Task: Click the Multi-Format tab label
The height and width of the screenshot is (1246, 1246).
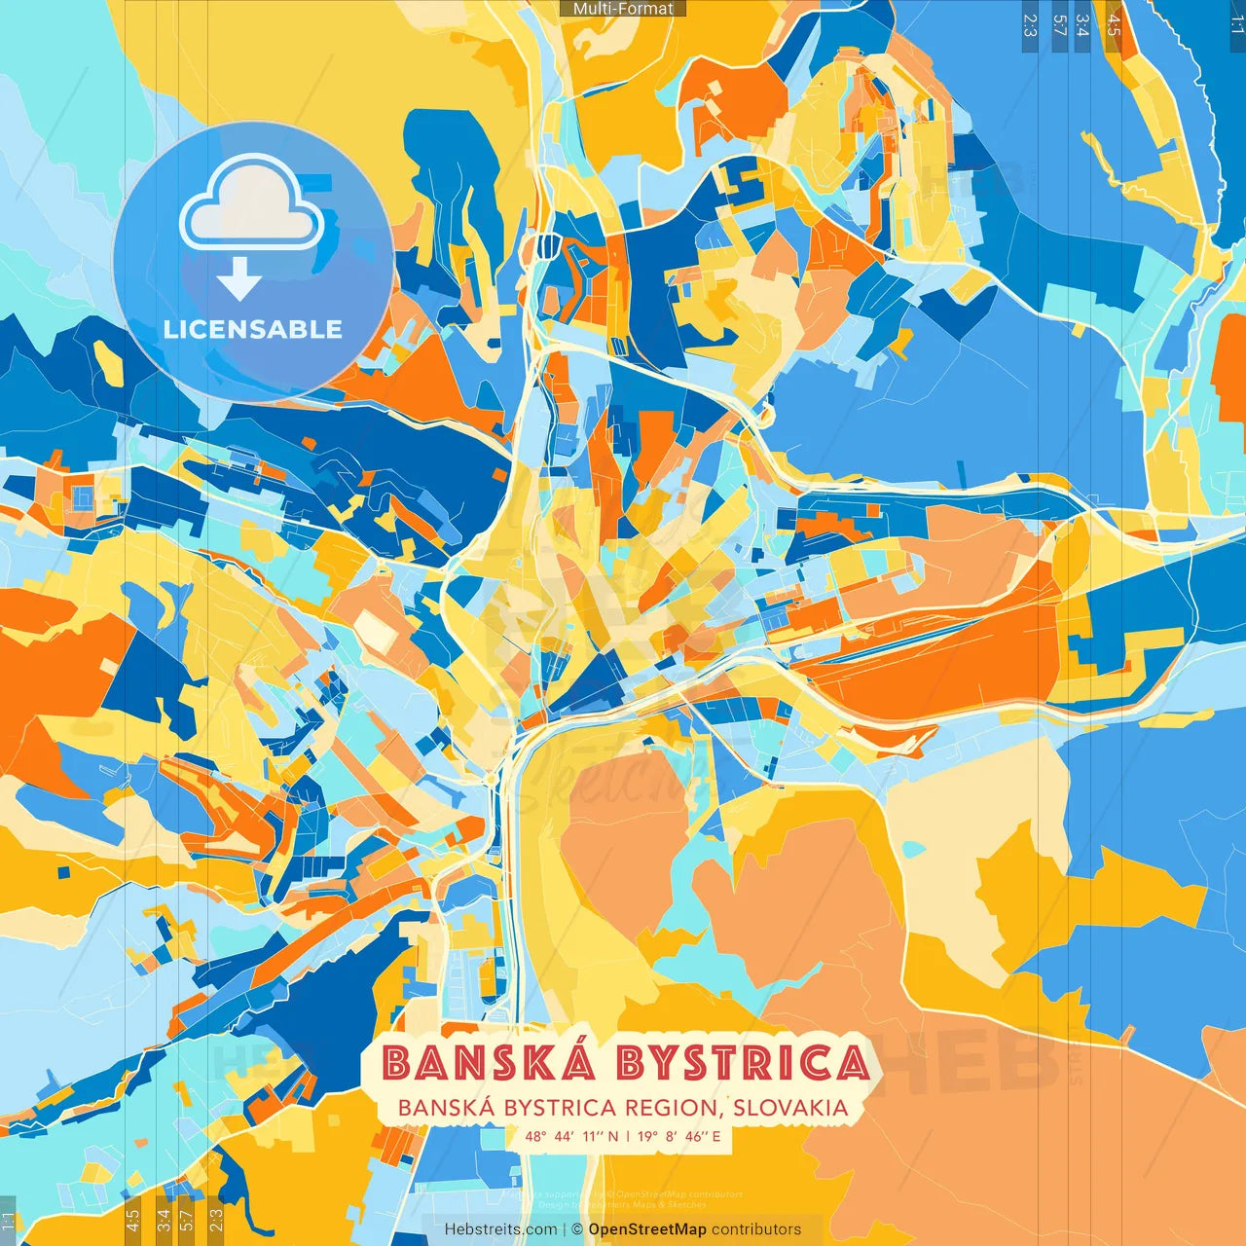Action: (623, 9)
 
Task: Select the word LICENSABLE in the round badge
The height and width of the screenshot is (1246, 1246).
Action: (253, 329)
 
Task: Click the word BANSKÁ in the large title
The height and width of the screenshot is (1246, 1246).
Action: (489, 1062)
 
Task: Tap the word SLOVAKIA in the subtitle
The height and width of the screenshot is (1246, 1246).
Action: (790, 1108)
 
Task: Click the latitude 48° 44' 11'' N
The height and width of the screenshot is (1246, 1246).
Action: (572, 1136)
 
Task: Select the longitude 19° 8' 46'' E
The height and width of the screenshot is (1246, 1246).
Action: (679, 1136)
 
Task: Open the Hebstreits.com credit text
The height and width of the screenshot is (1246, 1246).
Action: (501, 1229)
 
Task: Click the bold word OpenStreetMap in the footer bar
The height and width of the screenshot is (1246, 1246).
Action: (647, 1229)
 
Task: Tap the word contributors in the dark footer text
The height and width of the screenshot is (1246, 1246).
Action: (756, 1229)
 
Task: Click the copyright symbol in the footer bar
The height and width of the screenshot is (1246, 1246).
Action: (576, 1229)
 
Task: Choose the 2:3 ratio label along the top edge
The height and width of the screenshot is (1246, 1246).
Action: (1030, 25)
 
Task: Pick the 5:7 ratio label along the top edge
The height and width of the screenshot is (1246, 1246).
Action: (1059, 25)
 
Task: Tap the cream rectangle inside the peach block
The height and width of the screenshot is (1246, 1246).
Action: (376, 631)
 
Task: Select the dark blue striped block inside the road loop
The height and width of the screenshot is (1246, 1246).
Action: (547, 246)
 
